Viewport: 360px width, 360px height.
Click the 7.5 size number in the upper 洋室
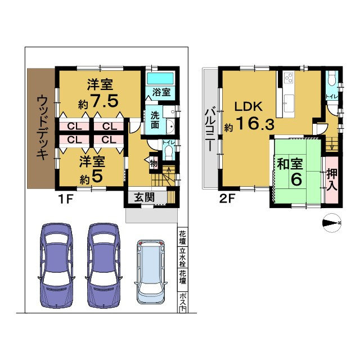105,102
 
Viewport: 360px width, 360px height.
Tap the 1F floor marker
63,198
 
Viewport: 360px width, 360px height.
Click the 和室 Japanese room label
291,165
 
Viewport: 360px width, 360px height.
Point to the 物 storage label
154,164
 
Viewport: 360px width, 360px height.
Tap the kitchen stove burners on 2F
289,78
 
